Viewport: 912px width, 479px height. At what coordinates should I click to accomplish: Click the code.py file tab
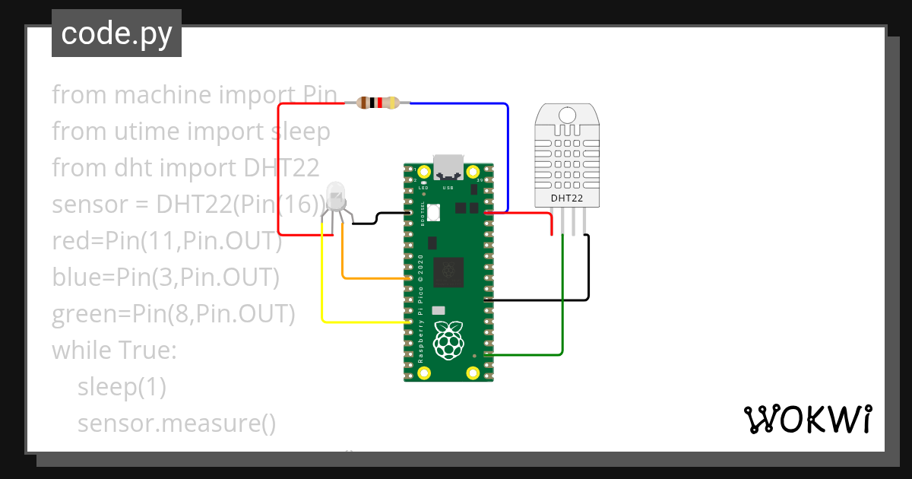[116, 33]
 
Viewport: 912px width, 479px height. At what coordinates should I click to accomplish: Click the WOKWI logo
[806, 419]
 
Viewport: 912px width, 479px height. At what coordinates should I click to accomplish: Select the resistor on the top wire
[378, 103]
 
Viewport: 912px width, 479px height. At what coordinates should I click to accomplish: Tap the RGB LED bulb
[335, 195]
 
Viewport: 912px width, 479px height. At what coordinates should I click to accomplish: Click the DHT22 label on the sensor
[567, 198]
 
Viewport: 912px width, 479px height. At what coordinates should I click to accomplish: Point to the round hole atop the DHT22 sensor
[567, 115]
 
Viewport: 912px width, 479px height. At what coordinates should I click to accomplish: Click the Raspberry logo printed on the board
[448, 341]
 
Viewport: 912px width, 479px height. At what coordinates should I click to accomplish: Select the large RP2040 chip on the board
[448, 272]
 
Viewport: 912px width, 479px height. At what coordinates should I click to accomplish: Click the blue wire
[507, 152]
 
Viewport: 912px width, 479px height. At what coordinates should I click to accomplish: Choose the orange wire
[344, 259]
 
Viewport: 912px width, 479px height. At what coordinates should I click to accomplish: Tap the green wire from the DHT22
[562, 304]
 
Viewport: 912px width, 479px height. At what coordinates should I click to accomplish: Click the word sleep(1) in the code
[122, 387]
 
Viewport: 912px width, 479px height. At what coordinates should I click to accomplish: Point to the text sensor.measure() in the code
[176, 423]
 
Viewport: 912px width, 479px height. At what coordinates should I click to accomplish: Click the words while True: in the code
[114, 351]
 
